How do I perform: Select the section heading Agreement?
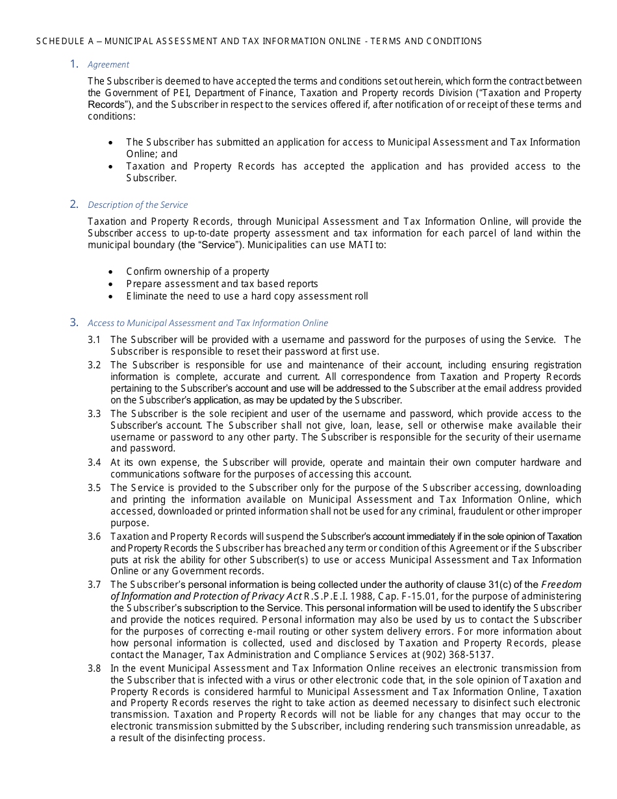click(108, 64)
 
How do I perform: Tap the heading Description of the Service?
click(138, 205)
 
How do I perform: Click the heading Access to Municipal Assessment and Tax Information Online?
click(208, 323)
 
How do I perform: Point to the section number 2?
click(74, 205)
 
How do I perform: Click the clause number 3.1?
click(94, 340)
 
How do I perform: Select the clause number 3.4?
click(94, 463)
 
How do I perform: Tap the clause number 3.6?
click(94, 537)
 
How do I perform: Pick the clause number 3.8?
click(94, 668)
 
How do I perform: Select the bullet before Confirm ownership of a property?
click(111, 272)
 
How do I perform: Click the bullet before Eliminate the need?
click(111, 296)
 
